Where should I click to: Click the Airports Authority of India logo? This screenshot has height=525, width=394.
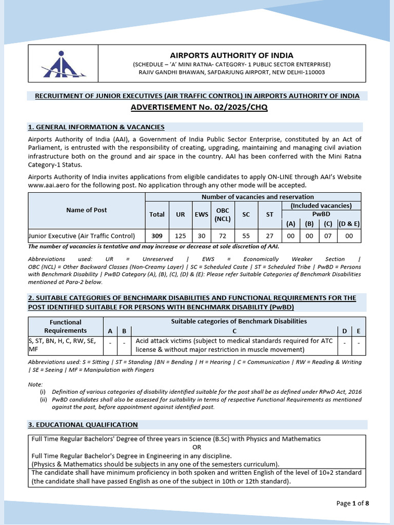pos(62,64)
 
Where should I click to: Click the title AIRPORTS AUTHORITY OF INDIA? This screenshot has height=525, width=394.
pos(231,55)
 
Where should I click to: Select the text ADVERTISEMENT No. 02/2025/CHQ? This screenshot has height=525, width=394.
pos(199,107)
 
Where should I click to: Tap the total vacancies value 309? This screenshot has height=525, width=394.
pos(157,236)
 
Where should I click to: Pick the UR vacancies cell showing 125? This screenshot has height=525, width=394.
pos(181,236)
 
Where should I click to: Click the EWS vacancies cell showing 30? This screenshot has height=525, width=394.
pos(201,236)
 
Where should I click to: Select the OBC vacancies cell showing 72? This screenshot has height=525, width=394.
pos(222,236)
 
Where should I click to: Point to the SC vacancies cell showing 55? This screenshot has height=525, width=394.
pos(246,236)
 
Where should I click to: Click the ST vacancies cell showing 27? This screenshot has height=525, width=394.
pos(269,236)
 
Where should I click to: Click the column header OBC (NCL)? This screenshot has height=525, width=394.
pos(222,214)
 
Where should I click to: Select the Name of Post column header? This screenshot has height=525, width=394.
pos(87,210)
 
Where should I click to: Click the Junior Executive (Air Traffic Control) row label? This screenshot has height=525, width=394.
pos(82,236)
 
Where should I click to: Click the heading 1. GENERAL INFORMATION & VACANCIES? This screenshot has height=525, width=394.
pos(96,127)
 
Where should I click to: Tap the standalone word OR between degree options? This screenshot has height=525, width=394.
pos(197,447)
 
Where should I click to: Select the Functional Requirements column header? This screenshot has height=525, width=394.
pos(66,326)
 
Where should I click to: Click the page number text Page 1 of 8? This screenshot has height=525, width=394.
pos(352,503)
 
